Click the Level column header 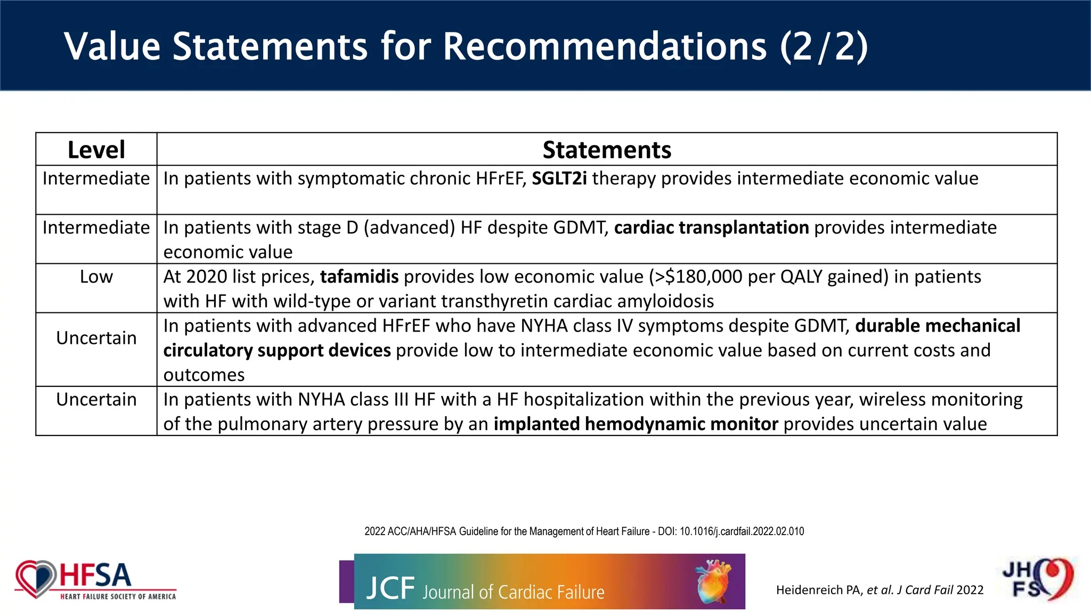point(96,150)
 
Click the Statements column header point(607,150)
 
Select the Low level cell point(96,277)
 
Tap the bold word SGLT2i point(559,179)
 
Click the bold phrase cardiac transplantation point(711,228)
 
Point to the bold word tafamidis point(359,277)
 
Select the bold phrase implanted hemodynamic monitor point(636,424)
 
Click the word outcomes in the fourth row point(204,375)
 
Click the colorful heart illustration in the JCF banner point(713,581)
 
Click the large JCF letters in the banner point(390,588)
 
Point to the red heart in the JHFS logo point(1057,578)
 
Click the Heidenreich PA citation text point(880,590)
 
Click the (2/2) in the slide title point(824,46)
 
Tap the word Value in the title point(112,46)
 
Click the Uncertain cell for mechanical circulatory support point(96,338)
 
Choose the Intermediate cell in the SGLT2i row point(96,179)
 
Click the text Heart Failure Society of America point(118,597)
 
